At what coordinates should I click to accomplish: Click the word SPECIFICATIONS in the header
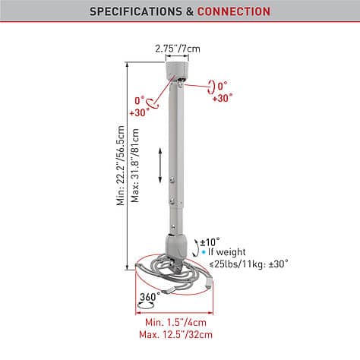click(x=136, y=11)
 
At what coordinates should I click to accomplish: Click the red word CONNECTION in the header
click(x=234, y=11)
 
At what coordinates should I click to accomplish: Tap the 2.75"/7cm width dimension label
click(x=178, y=49)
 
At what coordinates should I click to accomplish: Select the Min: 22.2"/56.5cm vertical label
click(x=121, y=166)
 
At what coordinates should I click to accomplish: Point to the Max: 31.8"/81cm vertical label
click(x=135, y=166)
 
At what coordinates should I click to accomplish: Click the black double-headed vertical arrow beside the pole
click(x=160, y=166)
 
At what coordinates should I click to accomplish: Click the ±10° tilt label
click(x=210, y=242)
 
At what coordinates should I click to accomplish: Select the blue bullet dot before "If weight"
click(x=204, y=252)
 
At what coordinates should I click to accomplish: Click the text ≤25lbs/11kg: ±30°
click(x=249, y=264)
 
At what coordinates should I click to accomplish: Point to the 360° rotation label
click(x=150, y=296)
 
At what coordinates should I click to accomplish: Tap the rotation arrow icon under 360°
click(x=146, y=305)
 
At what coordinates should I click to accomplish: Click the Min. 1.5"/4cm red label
click(x=175, y=322)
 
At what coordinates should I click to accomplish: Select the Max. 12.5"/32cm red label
click(x=175, y=334)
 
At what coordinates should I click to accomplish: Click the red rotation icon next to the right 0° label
click(x=211, y=87)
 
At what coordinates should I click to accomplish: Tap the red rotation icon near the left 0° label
click(x=152, y=103)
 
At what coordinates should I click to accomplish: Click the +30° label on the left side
click(x=139, y=112)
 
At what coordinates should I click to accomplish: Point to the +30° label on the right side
click(x=223, y=98)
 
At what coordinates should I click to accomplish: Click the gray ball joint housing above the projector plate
click(x=176, y=245)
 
